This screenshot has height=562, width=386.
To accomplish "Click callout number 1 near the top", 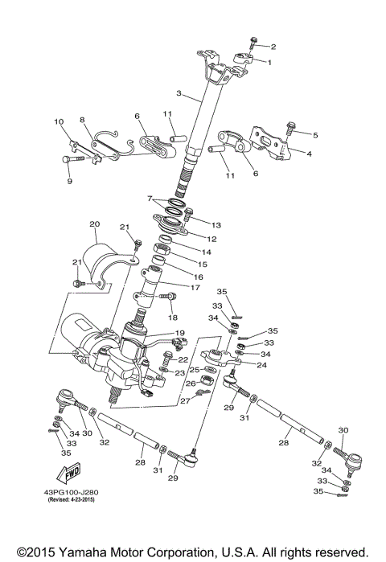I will [x=270, y=62].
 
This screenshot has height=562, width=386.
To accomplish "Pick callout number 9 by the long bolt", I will [x=69, y=182].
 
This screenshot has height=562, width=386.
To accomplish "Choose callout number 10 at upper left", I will [x=59, y=122].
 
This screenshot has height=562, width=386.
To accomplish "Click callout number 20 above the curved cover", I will [x=94, y=224].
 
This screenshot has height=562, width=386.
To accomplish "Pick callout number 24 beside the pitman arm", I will [x=261, y=364].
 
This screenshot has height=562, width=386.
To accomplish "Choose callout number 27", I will [x=185, y=400].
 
